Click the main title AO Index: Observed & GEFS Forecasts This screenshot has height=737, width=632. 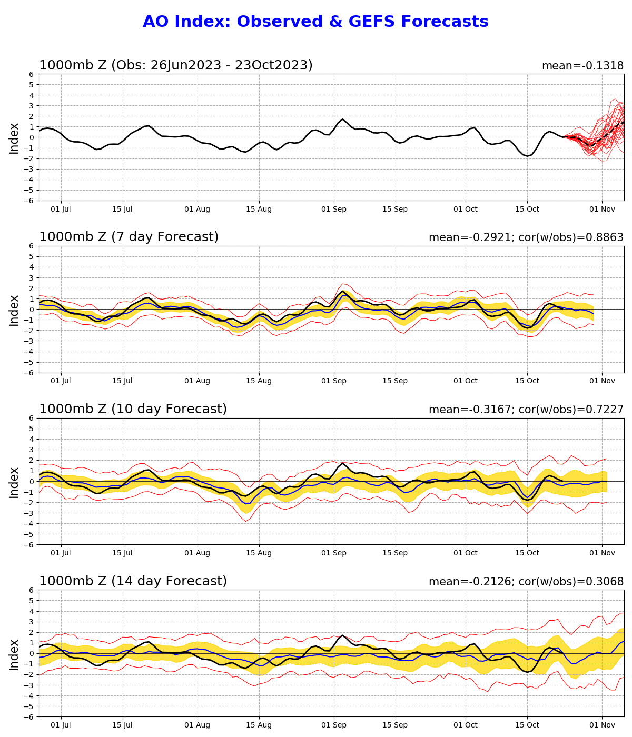pyautogui.click(x=315, y=22)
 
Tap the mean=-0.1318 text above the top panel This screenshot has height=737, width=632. pyautogui.click(x=582, y=66)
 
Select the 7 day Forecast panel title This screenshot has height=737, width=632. pyautogui.click(x=129, y=237)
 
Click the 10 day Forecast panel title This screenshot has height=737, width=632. pyautogui.click(x=133, y=409)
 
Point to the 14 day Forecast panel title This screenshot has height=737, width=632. pyautogui.click(x=133, y=581)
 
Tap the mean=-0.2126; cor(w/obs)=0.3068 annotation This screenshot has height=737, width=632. pyautogui.click(x=526, y=582)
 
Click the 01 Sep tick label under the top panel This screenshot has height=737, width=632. pyautogui.click(x=334, y=210)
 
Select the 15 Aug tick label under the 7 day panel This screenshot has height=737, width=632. pyautogui.click(x=259, y=381)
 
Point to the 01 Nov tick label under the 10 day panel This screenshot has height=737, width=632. pyautogui.click(x=602, y=553)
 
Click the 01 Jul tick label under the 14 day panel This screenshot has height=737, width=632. pyautogui.click(x=61, y=725)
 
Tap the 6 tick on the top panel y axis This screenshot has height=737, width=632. pyautogui.click(x=32, y=74)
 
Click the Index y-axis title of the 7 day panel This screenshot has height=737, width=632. pyautogui.click(x=14, y=310)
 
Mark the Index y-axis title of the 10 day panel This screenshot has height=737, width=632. pyautogui.click(x=14, y=482)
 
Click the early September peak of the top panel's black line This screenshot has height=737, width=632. pyautogui.click(x=342, y=119)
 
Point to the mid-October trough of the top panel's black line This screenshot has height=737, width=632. pyautogui.click(x=528, y=156)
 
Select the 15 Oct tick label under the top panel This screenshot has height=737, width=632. pyautogui.click(x=527, y=210)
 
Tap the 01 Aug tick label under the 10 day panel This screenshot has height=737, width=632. pyautogui.click(x=197, y=553)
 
